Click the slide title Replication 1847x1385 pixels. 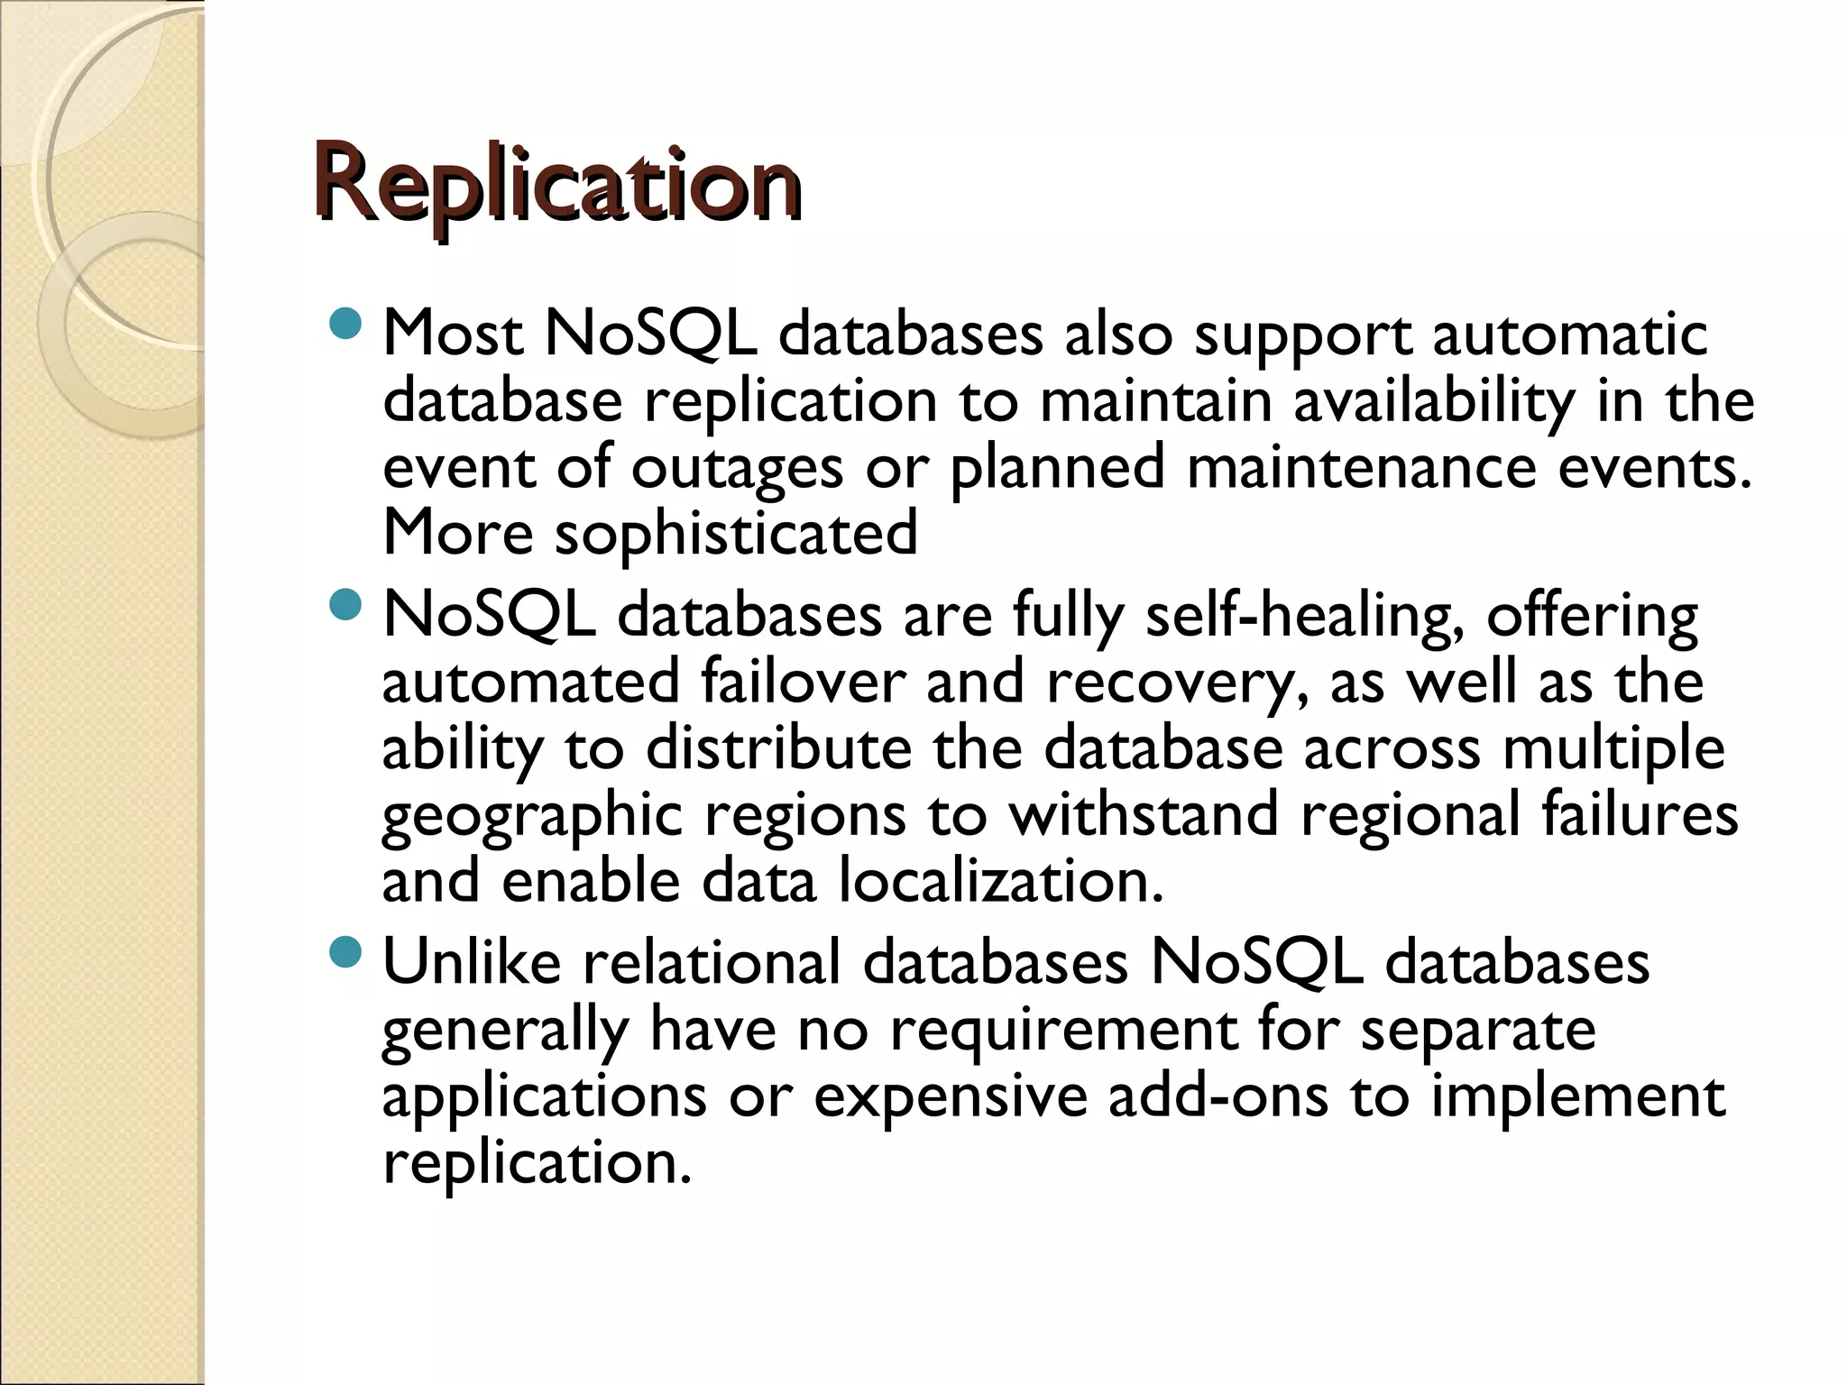557,183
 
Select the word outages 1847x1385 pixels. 737,469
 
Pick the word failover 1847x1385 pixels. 803,682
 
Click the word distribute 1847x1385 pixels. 778,748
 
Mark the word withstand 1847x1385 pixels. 1143,813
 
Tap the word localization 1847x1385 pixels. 1001,880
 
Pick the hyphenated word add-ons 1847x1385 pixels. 1218,1096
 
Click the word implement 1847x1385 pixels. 1578,1097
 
